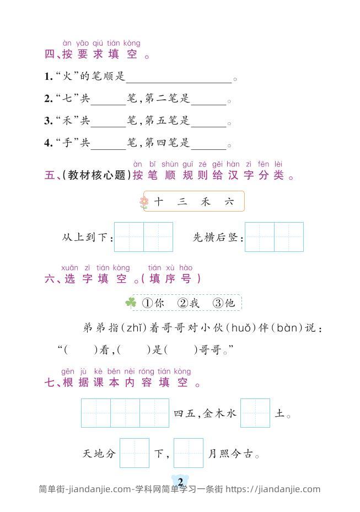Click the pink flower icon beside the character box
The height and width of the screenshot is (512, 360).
[x=144, y=202]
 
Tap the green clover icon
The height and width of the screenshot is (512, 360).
[x=131, y=303]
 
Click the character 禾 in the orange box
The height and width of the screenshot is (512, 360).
[x=206, y=202]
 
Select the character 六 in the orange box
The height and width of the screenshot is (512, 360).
[x=229, y=202]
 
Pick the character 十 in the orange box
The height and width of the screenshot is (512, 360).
[x=159, y=202]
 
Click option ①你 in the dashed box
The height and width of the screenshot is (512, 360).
[x=153, y=303]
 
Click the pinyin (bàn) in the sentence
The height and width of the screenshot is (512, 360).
[x=286, y=328]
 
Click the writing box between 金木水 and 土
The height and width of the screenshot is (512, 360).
[x=255, y=413]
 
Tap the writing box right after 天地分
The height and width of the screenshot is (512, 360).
[x=135, y=453]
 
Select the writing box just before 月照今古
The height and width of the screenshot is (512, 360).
[x=189, y=453]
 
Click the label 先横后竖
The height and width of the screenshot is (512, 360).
[x=216, y=238]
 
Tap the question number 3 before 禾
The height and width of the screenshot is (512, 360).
[x=48, y=121]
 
